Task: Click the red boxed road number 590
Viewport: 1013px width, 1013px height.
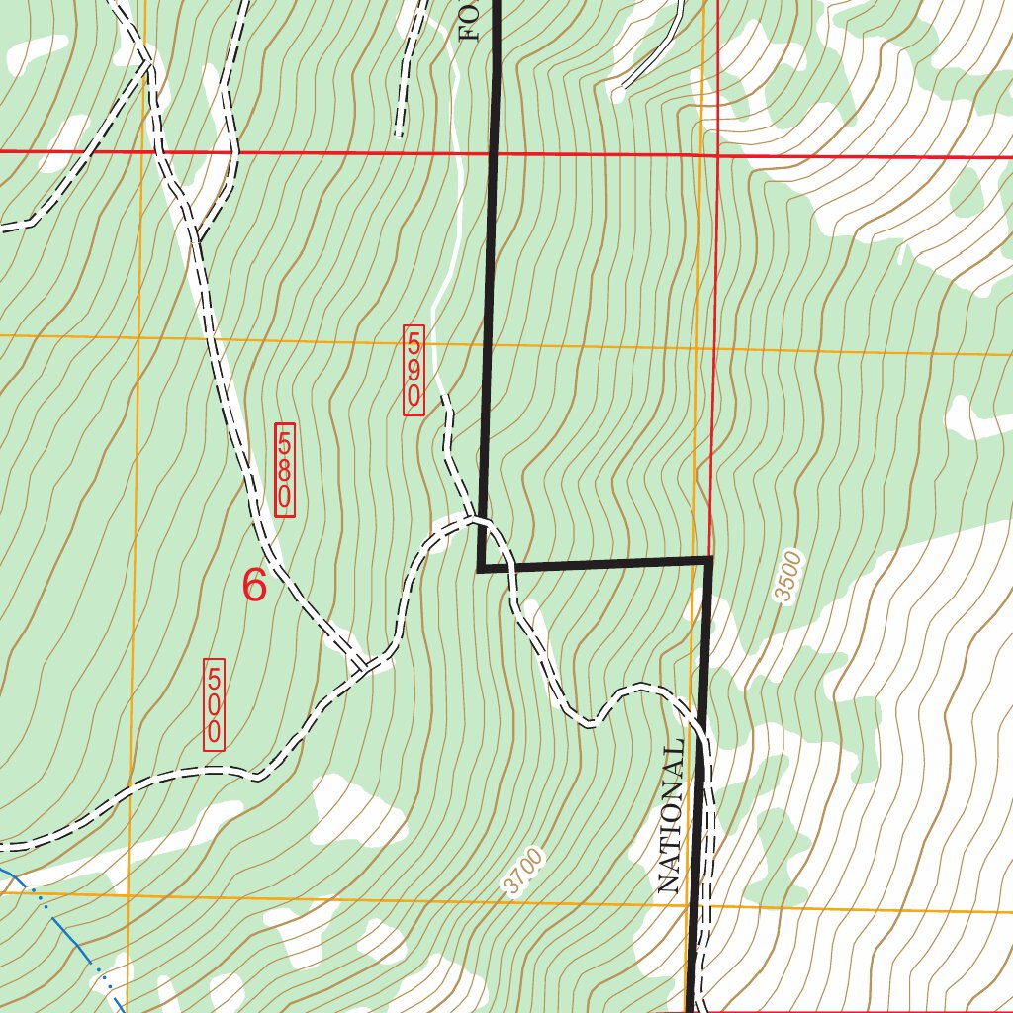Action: point(414,369)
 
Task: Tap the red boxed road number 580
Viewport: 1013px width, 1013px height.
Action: point(285,470)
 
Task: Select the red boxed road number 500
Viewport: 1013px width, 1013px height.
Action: point(214,704)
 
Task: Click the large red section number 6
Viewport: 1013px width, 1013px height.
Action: point(254,586)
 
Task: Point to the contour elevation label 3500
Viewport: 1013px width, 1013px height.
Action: point(787,577)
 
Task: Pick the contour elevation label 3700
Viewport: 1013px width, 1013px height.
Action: point(522,872)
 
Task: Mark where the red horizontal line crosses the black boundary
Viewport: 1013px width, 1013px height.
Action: point(493,153)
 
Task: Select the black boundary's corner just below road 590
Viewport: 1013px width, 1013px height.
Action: point(480,569)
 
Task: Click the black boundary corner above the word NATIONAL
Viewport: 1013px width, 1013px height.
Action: point(709,561)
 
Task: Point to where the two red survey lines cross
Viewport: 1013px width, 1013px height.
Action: point(717,155)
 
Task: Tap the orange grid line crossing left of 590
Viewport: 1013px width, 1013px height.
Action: point(138,336)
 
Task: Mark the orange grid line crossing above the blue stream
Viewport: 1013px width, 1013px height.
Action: point(129,895)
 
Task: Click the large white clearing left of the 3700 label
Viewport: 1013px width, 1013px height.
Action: point(356,811)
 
